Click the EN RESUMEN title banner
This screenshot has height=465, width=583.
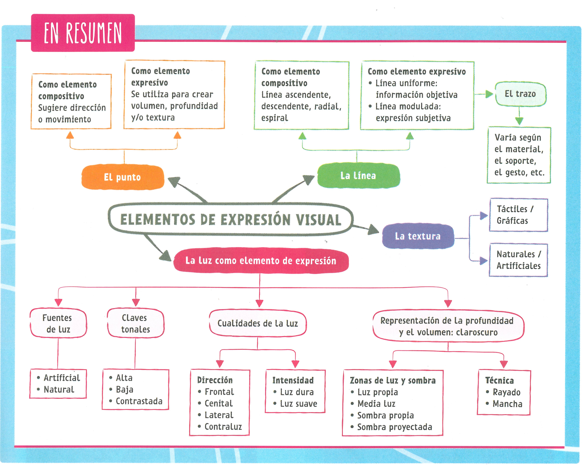(x=83, y=33)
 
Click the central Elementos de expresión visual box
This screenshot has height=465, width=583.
(x=231, y=219)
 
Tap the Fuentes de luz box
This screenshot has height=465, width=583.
(x=58, y=323)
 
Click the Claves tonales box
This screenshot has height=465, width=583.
(x=135, y=323)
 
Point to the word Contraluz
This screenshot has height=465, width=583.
(x=223, y=427)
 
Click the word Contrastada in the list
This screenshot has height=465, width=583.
(x=139, y=401)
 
